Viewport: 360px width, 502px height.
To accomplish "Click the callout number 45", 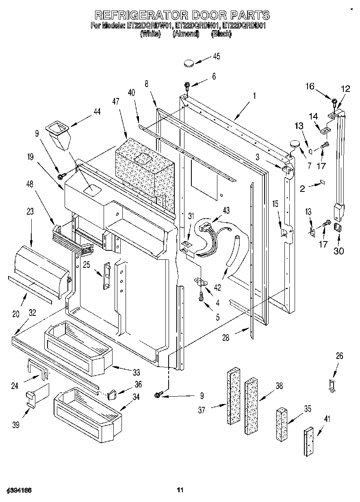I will (x=216, y=57).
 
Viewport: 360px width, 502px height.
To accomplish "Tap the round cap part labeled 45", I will (x=188, y=63).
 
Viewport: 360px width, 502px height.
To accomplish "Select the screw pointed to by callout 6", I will (x=187, y=85).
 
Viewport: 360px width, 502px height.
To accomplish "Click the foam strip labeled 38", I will (x=252, y=405).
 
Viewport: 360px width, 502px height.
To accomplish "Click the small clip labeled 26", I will (x=331, y=385).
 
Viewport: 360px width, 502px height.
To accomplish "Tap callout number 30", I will (x=338, y=251).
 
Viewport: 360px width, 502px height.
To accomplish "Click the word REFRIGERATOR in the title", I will (x=141, y=15).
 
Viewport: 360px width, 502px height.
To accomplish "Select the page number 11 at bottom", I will (x=180, y=491).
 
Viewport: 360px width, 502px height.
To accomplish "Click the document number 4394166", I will (x=19, y=491).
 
